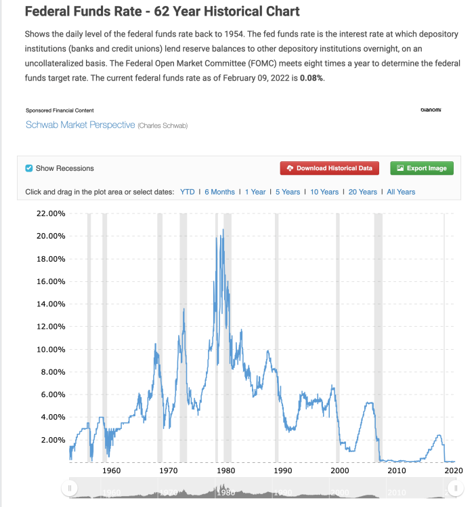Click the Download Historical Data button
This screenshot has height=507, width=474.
coord(330,168)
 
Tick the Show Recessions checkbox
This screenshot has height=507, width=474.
coord(28,168)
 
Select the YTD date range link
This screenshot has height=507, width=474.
coord(187,192)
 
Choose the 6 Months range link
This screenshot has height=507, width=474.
coord(219,192)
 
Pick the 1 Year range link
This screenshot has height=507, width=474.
coord(255,192)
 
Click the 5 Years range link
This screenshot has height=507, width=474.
coord(288,192)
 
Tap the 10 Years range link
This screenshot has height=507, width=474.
coord(324,192)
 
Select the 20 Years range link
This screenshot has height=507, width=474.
coord(363,192)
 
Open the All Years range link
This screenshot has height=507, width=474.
coord(401,192)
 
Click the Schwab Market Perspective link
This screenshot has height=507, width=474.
coord(80,125)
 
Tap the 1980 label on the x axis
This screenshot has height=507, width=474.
coord(225,470)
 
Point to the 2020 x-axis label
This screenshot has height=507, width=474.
coord(453,470)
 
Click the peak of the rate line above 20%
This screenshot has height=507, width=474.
coord(223,230)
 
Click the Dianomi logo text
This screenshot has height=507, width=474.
coord(431,110)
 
